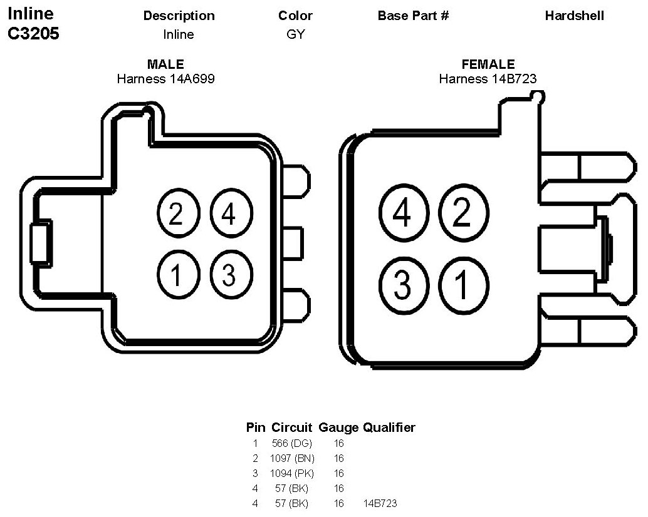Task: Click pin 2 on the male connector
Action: (x=176, y=214)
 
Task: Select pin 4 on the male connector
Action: (x=229, y=214)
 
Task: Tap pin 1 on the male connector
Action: (x=176, y=274)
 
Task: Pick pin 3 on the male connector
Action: (x=229, y=274)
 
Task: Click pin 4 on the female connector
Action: (x=403, y=214)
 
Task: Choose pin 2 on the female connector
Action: (x=462, y=214)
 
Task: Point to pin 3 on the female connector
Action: (x=403, y=284)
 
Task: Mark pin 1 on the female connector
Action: (x=462, y=284)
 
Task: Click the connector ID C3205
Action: (x=33, y=34)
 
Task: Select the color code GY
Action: (x=295, y=34)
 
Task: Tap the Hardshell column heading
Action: (x=574, y=16)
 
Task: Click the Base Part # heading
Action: (x=413, y=16)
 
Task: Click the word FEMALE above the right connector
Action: (x=488, y=64)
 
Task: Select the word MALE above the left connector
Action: (x=165, y=64)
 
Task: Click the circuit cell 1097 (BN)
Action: (x=292, y=458)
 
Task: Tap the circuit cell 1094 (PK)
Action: (x=292, y=473)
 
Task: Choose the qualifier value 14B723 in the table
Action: (x=380, y=503)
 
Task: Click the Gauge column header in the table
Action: (x=338, y=428)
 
